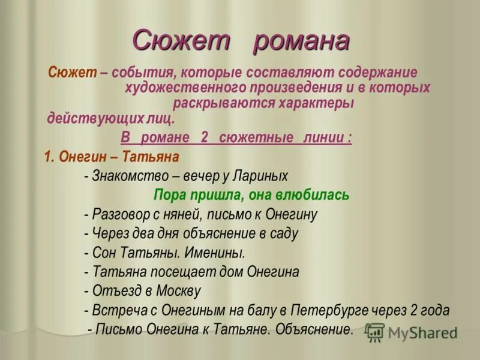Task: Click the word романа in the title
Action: [x=301, y=42]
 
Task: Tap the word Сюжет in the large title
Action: [x=181, y=42]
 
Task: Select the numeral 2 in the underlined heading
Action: [x=205, y=138]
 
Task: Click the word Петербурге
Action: [x=325, y=311]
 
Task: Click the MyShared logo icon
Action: [x=375, y=332]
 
